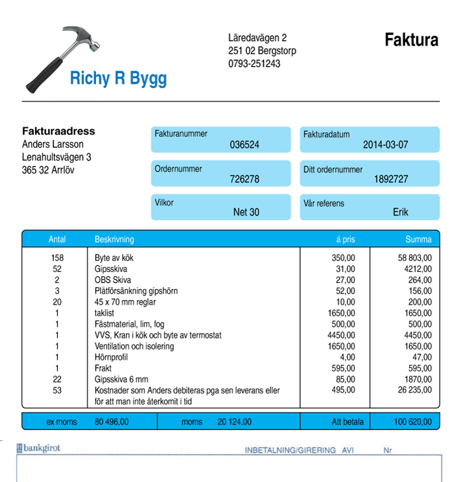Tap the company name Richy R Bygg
coord(118,79)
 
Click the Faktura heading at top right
coord(411,40)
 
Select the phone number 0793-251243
coord(254,63)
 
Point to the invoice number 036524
coord(244,145)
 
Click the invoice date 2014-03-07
coord(385,145)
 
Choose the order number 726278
coord(244,179)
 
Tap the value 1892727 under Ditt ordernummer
coord(391,179)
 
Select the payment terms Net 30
coord(246,212)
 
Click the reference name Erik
coord(400,212)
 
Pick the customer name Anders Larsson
coord(53,144)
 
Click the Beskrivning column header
coord(114,239)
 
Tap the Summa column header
coord(418,239)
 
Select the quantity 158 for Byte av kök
coord(57,258)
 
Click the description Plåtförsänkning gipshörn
coord(136,291)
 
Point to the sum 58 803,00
coord(415,258)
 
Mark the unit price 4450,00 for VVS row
coord(341,335)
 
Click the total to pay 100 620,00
coord(413,422)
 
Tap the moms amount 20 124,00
coord(234,422)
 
